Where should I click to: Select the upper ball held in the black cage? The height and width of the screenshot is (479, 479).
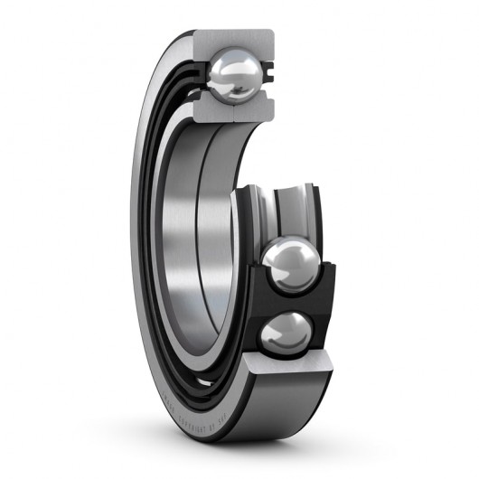(x=290, y=265)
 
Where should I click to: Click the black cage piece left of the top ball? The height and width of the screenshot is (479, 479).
(x=201, y=72)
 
